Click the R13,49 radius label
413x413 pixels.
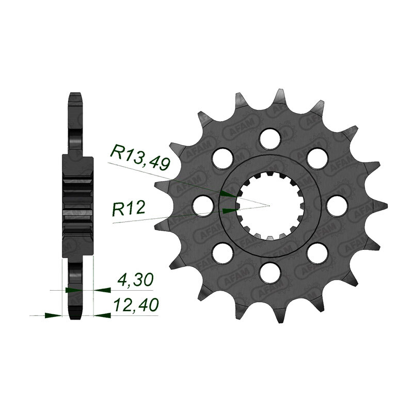coord(140,157)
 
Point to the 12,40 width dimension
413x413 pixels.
coord(136,305)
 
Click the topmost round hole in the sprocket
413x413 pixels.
coord(269,138)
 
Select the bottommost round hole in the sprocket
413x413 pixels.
coord(269,273)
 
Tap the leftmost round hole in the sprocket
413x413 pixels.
coord(203,206)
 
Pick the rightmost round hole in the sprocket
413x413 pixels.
coord(337,206)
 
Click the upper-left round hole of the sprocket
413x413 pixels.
coord(223,158)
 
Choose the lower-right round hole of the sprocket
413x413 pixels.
coord(317,253)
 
